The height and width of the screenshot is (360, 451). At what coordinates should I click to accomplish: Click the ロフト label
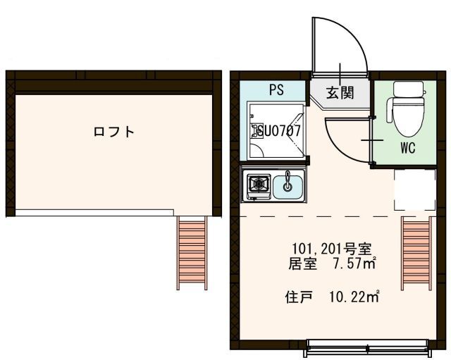click(114, 132)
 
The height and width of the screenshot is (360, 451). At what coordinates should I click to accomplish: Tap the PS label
click(276, 91)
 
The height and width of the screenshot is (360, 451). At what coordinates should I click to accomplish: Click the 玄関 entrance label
click(340, 92)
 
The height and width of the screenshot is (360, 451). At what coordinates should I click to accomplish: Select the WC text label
click(408, 149)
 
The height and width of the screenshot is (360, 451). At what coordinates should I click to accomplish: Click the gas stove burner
click(257, 185)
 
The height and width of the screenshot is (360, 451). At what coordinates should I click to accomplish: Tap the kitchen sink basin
click(288, 186)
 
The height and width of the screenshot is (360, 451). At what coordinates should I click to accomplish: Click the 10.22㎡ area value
click(354, 297)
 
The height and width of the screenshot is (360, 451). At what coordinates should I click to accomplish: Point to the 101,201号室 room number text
click(332, 249)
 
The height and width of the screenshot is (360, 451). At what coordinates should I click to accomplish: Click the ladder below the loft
click(192, 252)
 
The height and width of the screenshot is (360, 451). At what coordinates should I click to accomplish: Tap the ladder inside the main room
click(416, 252)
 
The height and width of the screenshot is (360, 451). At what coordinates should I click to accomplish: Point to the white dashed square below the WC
click(414, 190)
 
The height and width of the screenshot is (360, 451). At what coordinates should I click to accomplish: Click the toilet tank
click(409, 90)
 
